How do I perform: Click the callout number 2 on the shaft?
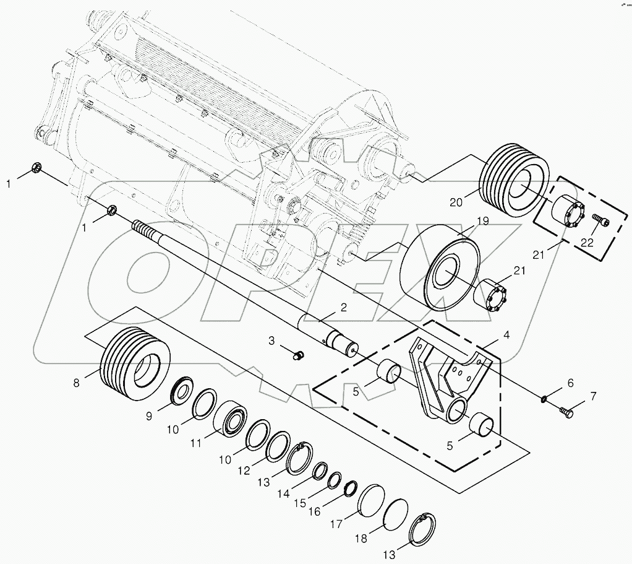click(343, 307)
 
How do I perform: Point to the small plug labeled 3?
click(299, 355)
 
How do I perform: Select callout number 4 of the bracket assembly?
click(506, 337)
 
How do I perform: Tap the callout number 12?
click(244, 470)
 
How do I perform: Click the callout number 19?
click(482, 222)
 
